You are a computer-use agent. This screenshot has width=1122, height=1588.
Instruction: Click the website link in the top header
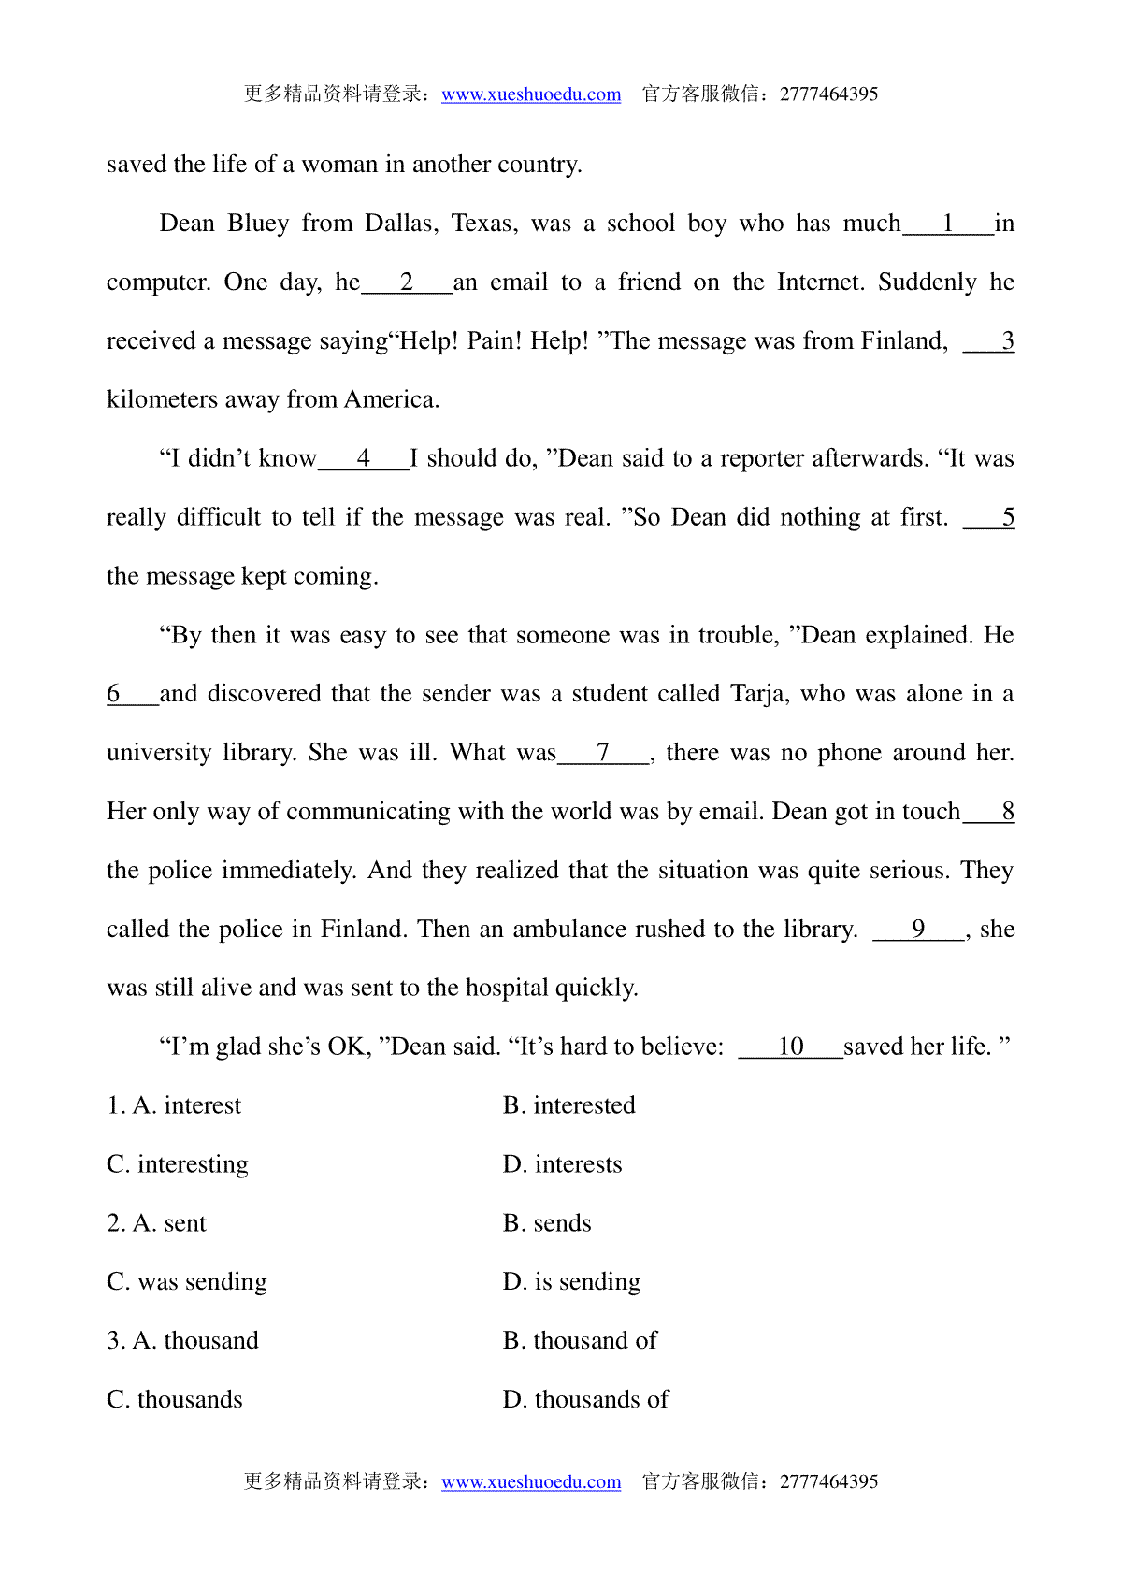pyautogui.click(x=531, y=94)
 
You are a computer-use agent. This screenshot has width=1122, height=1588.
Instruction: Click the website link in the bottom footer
pyautogui.click(x=531, y=1482)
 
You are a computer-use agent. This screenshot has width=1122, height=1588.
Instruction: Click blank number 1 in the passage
pyautogui.click(x=948, y=224)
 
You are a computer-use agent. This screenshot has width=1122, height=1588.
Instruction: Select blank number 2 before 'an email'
pyautogui.click(x=407, y=282)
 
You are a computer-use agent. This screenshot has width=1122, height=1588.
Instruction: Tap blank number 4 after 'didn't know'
pyautogui.click(x=364, y=459)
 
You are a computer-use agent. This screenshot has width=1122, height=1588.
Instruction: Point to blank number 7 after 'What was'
pyautogui.click(x=603, y=753)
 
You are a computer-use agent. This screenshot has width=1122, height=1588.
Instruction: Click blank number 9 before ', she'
pyautogui.click(x=918, y=930)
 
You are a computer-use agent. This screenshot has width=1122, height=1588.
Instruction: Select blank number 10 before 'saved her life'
pyautogui.click(x=790, y=1047)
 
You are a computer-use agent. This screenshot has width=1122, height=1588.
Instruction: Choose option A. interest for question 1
pyautogui.click(x=186, y=1106)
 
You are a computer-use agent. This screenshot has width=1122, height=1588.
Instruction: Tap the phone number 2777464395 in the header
pyautogui.click(x=828, y=94)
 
